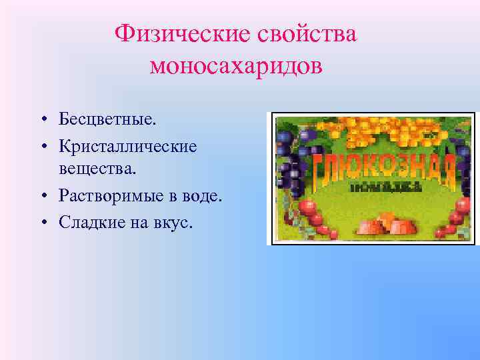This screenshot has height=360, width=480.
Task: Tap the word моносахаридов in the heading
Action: tap(236, 66)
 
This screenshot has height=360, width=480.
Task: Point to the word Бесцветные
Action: tap(107, 120)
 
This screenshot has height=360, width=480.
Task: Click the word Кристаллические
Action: tap(127, 145)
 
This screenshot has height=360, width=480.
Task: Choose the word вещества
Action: tap(97, 170)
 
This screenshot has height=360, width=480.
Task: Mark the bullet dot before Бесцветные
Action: tap(42, 121)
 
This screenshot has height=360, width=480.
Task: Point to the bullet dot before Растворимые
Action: tap(42, 197)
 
